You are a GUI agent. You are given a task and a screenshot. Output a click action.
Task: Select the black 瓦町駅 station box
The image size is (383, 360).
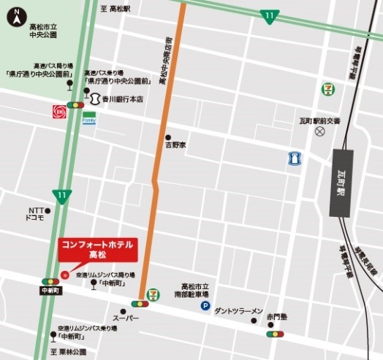pyautogui.click(x=341, y=183)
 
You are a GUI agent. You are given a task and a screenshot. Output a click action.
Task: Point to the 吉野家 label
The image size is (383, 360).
pyautogui.click(x=175, y=145)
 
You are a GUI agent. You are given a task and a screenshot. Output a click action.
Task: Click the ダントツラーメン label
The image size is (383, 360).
pyautogui.click(x=238, y=311)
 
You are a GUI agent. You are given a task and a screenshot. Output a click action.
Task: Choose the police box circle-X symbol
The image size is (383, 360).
pyautogui.click(x=319, y=131)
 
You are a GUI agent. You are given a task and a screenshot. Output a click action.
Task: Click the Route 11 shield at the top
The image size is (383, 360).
pyautogui.click(x=270, y=15)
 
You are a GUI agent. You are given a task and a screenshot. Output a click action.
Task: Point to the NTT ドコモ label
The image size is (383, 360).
pyautogui.click(x=35, y=213)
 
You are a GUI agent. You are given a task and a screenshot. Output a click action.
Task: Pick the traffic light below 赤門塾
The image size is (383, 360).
pyautogui.click(x=275, y=334)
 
